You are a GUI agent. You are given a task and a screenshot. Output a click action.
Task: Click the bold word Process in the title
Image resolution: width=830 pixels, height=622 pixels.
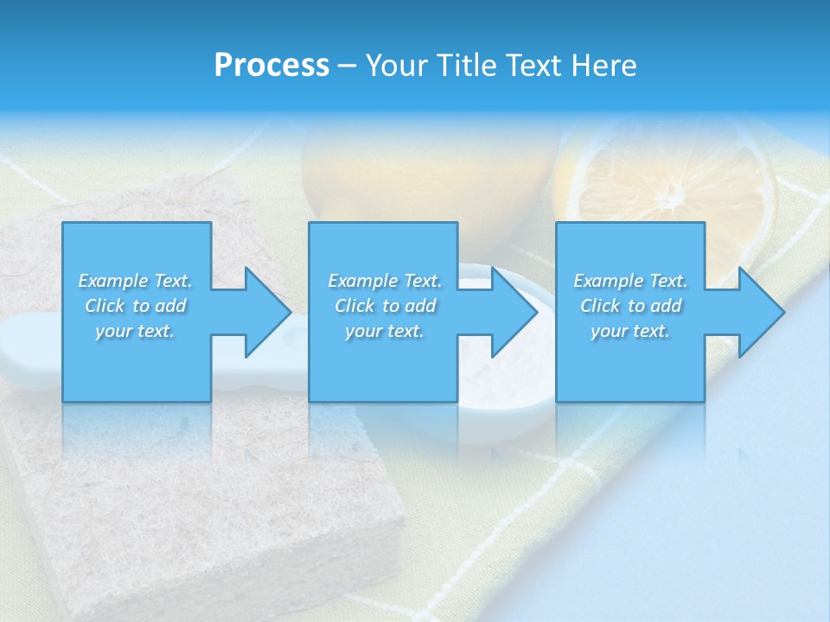coord(271,66)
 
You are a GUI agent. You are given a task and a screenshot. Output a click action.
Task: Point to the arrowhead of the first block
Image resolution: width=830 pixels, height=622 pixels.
coord(268,312)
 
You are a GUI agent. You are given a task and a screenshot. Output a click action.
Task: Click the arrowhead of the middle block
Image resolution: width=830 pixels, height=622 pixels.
coord(514,312)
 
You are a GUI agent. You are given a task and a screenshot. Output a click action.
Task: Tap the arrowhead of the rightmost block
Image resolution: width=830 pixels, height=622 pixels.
coord(762,312)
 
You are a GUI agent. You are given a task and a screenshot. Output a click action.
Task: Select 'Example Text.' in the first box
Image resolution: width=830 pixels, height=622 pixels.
coord(135,281)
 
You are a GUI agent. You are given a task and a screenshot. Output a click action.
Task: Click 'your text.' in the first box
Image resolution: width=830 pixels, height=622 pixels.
coord(135,331)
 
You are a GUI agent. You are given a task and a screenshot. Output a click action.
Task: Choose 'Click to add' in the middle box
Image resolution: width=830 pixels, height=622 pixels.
coord(385,306)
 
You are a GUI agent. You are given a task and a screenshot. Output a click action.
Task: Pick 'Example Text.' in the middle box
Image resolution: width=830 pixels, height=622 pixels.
coord(385,281)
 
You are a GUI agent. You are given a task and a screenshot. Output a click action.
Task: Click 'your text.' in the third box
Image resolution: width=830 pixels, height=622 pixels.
coord(630,331)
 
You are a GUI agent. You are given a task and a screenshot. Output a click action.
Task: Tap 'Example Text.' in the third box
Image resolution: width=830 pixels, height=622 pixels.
coord(630,281)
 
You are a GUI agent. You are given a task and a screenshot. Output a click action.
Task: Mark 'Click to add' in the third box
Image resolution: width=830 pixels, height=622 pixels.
coord(630,306)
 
